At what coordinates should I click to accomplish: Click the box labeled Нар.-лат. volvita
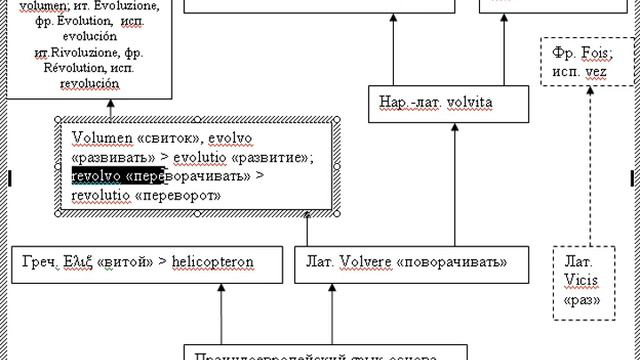pyautogui.click(x=436, y=103)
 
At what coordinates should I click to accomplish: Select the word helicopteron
pyautogui.click(x=213, y=262)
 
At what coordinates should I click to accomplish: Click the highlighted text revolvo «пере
pyautogui.click(x=117, y=176)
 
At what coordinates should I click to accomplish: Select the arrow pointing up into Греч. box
pyautogui.click(x=218, y=310)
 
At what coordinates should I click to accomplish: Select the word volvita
pyautogui.click(x=471, y=103)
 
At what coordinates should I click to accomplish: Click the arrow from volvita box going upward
pyautogui.click(x=393, y=50)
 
